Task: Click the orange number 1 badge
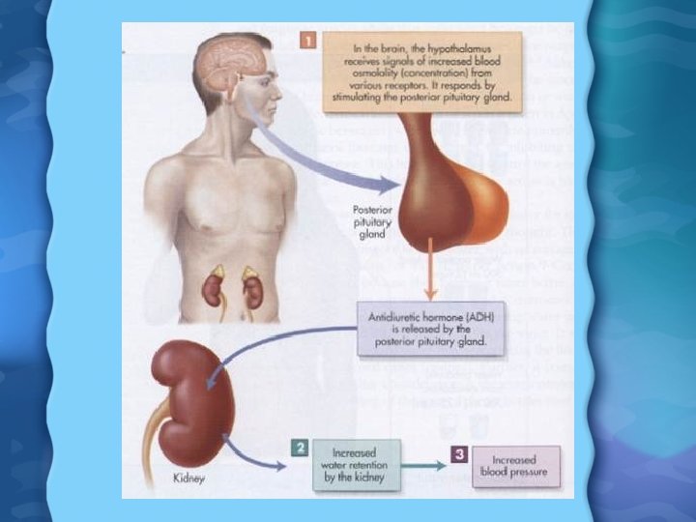click(307, 41)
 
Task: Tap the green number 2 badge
click(301, 448)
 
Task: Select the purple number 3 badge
click(460, 449)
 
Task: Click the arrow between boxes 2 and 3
click(424, 466)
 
